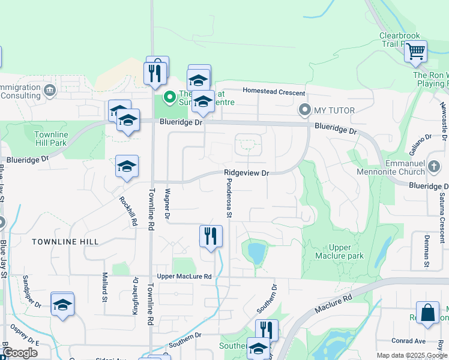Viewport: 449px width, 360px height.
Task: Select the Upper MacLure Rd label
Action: (184, 277)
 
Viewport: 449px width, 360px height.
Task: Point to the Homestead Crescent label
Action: (274, 92)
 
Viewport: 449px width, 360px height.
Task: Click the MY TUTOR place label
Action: (334, 110)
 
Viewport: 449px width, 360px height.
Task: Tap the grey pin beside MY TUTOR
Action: (305, 110)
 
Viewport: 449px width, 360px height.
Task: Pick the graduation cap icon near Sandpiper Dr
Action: (62, 304)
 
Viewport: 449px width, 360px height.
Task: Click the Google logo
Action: (20, 353)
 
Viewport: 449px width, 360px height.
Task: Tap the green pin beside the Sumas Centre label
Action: (170, 96)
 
